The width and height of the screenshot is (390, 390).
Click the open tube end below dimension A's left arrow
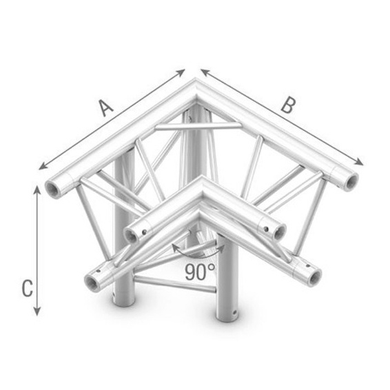54,187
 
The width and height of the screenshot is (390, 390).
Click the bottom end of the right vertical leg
227,314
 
